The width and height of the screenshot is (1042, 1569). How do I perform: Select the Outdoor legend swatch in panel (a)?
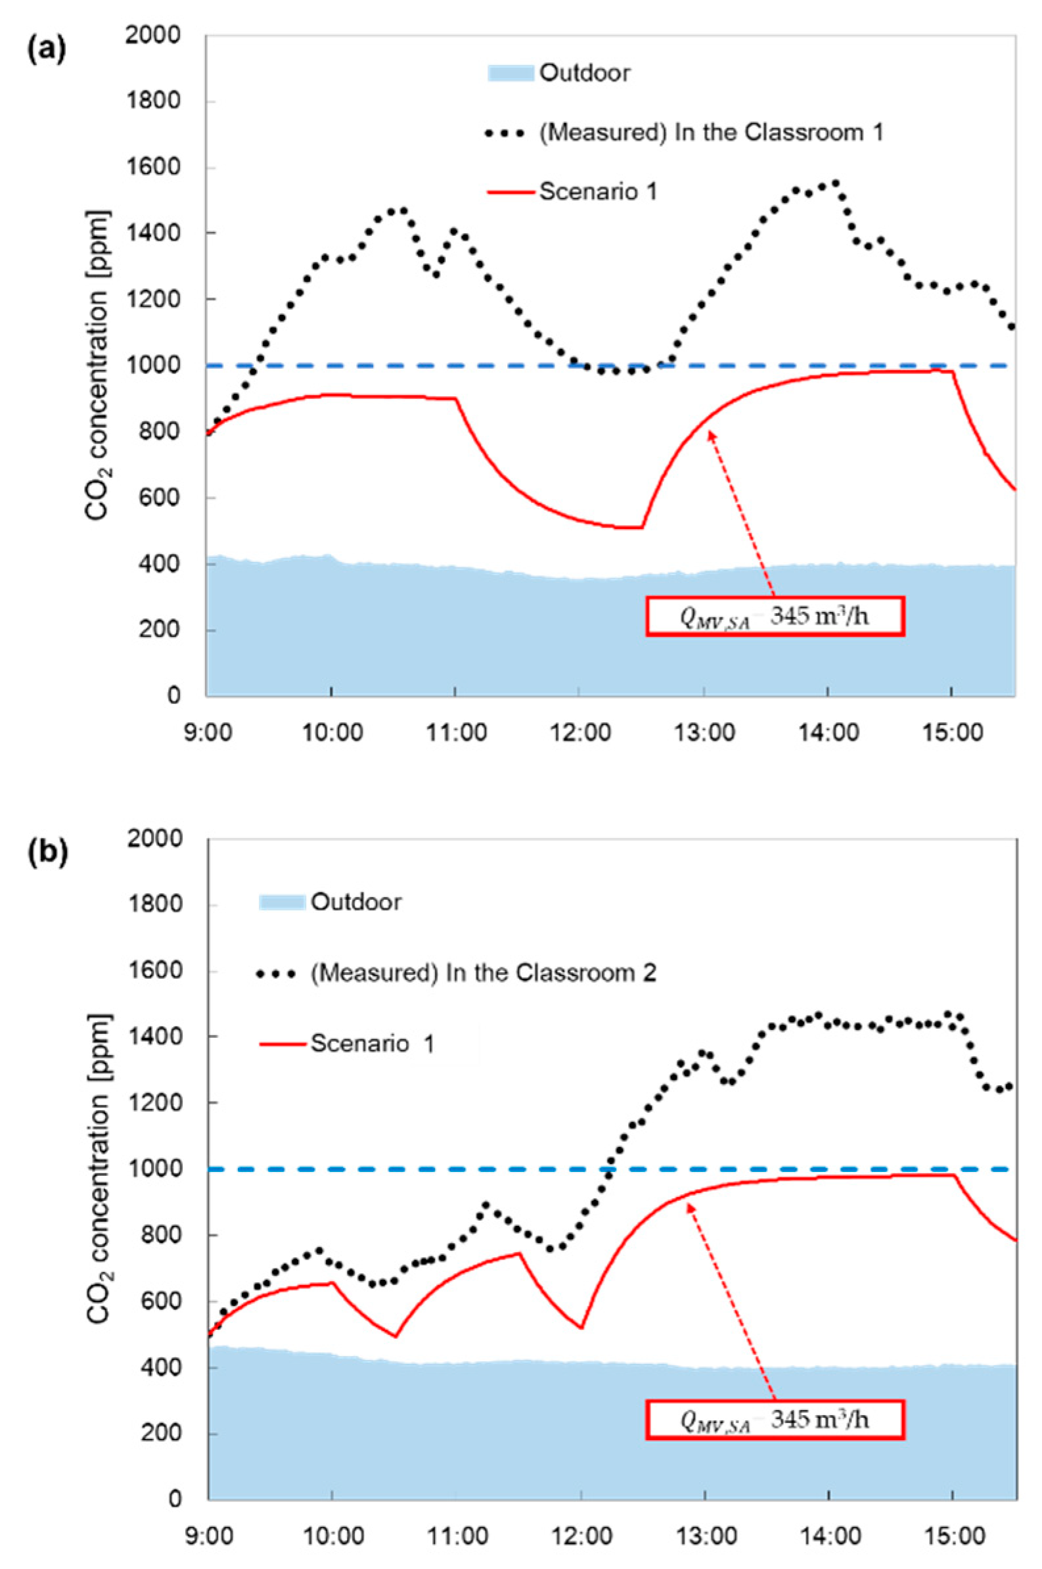coord(510,72)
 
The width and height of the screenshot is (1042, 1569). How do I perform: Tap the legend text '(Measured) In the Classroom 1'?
coord(711,132)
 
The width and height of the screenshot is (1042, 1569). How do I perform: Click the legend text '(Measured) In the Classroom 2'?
coord(483,973)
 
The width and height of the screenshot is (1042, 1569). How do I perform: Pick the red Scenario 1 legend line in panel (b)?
coord(284,1044)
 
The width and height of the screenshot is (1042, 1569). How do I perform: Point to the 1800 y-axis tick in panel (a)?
coord(154,102)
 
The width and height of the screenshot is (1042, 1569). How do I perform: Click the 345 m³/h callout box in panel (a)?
coord(775,617)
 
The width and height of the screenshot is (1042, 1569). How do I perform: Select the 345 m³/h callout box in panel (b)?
coord(775,1420)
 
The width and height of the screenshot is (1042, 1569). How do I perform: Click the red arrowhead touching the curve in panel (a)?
coord(710,433)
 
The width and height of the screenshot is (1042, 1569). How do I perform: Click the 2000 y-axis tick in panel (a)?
coord(154,36)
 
